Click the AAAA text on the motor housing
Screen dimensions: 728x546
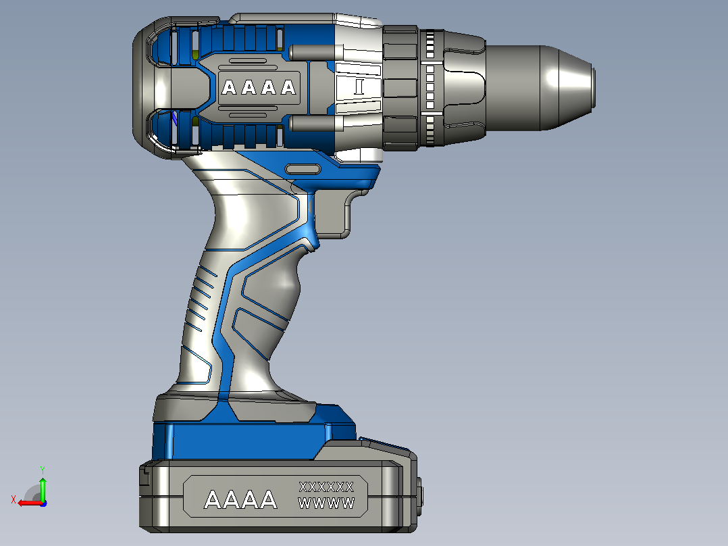pos(259,87)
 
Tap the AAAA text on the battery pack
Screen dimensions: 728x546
pos(240,500)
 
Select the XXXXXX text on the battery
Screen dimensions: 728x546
pos(326,487)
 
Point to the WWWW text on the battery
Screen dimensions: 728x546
pos(326,503)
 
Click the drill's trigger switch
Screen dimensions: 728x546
pos(331,214)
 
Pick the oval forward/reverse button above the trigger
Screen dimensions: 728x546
pos(303,169)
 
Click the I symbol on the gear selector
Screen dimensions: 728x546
pos(359,87)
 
